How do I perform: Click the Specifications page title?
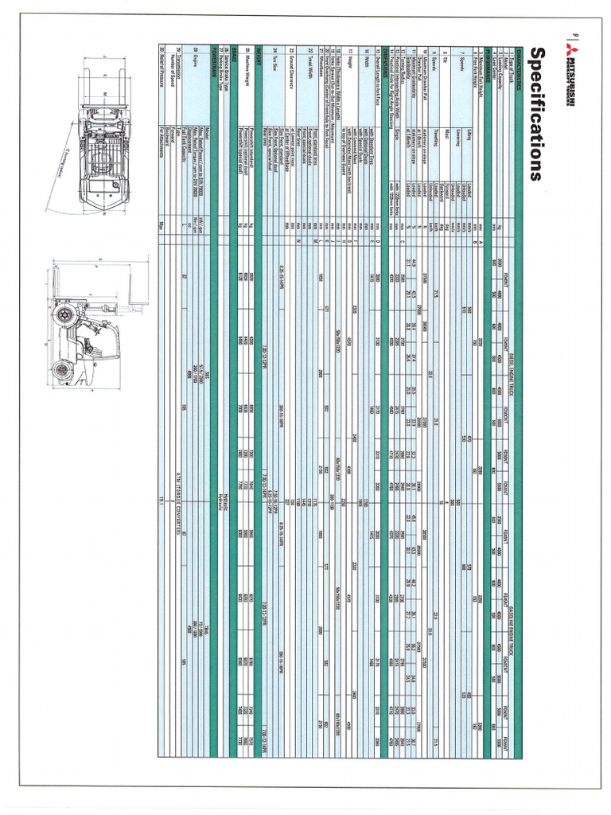534,115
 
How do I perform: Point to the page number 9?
574,34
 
